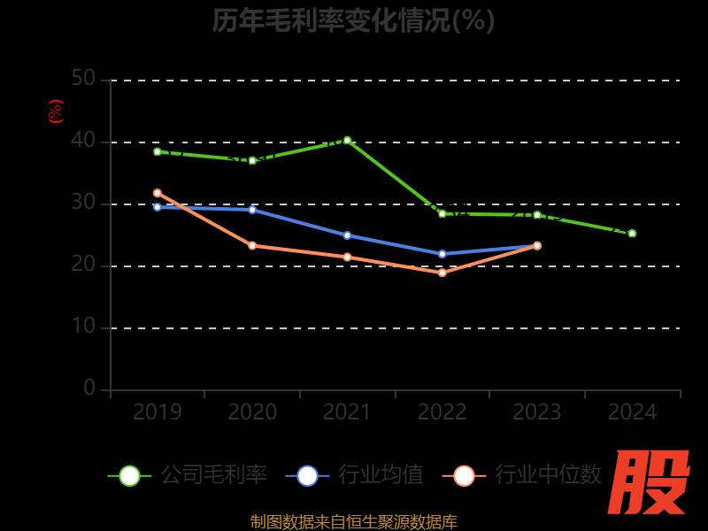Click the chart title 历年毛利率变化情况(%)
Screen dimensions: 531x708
(x=353, y=20)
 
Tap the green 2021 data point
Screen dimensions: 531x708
(x=347, y=140)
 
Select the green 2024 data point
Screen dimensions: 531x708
(x=632, y=234)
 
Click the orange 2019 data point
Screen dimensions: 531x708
(x=158, y=193)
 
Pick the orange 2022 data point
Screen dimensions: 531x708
(x=442, y=273)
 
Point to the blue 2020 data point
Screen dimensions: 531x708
(x=252, y=210)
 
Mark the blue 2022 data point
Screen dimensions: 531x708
(x=442, y=254)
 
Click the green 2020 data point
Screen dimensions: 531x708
(x=252, y=160)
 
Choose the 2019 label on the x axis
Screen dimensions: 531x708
(x=158, y=412)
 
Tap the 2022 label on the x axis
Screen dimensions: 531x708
(x=442, y=412)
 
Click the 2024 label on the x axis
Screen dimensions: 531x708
(x=632, y=412)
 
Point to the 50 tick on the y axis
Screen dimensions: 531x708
(x=83, y=79)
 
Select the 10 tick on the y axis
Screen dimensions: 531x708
(x=83, y=327)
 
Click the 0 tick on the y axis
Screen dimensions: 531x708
(x=89, y=389)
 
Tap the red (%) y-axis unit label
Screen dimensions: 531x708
(x=56, y=112)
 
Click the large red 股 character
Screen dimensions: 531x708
(x=650, y=482)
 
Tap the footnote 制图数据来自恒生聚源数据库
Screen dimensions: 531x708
(x=353, y=522)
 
